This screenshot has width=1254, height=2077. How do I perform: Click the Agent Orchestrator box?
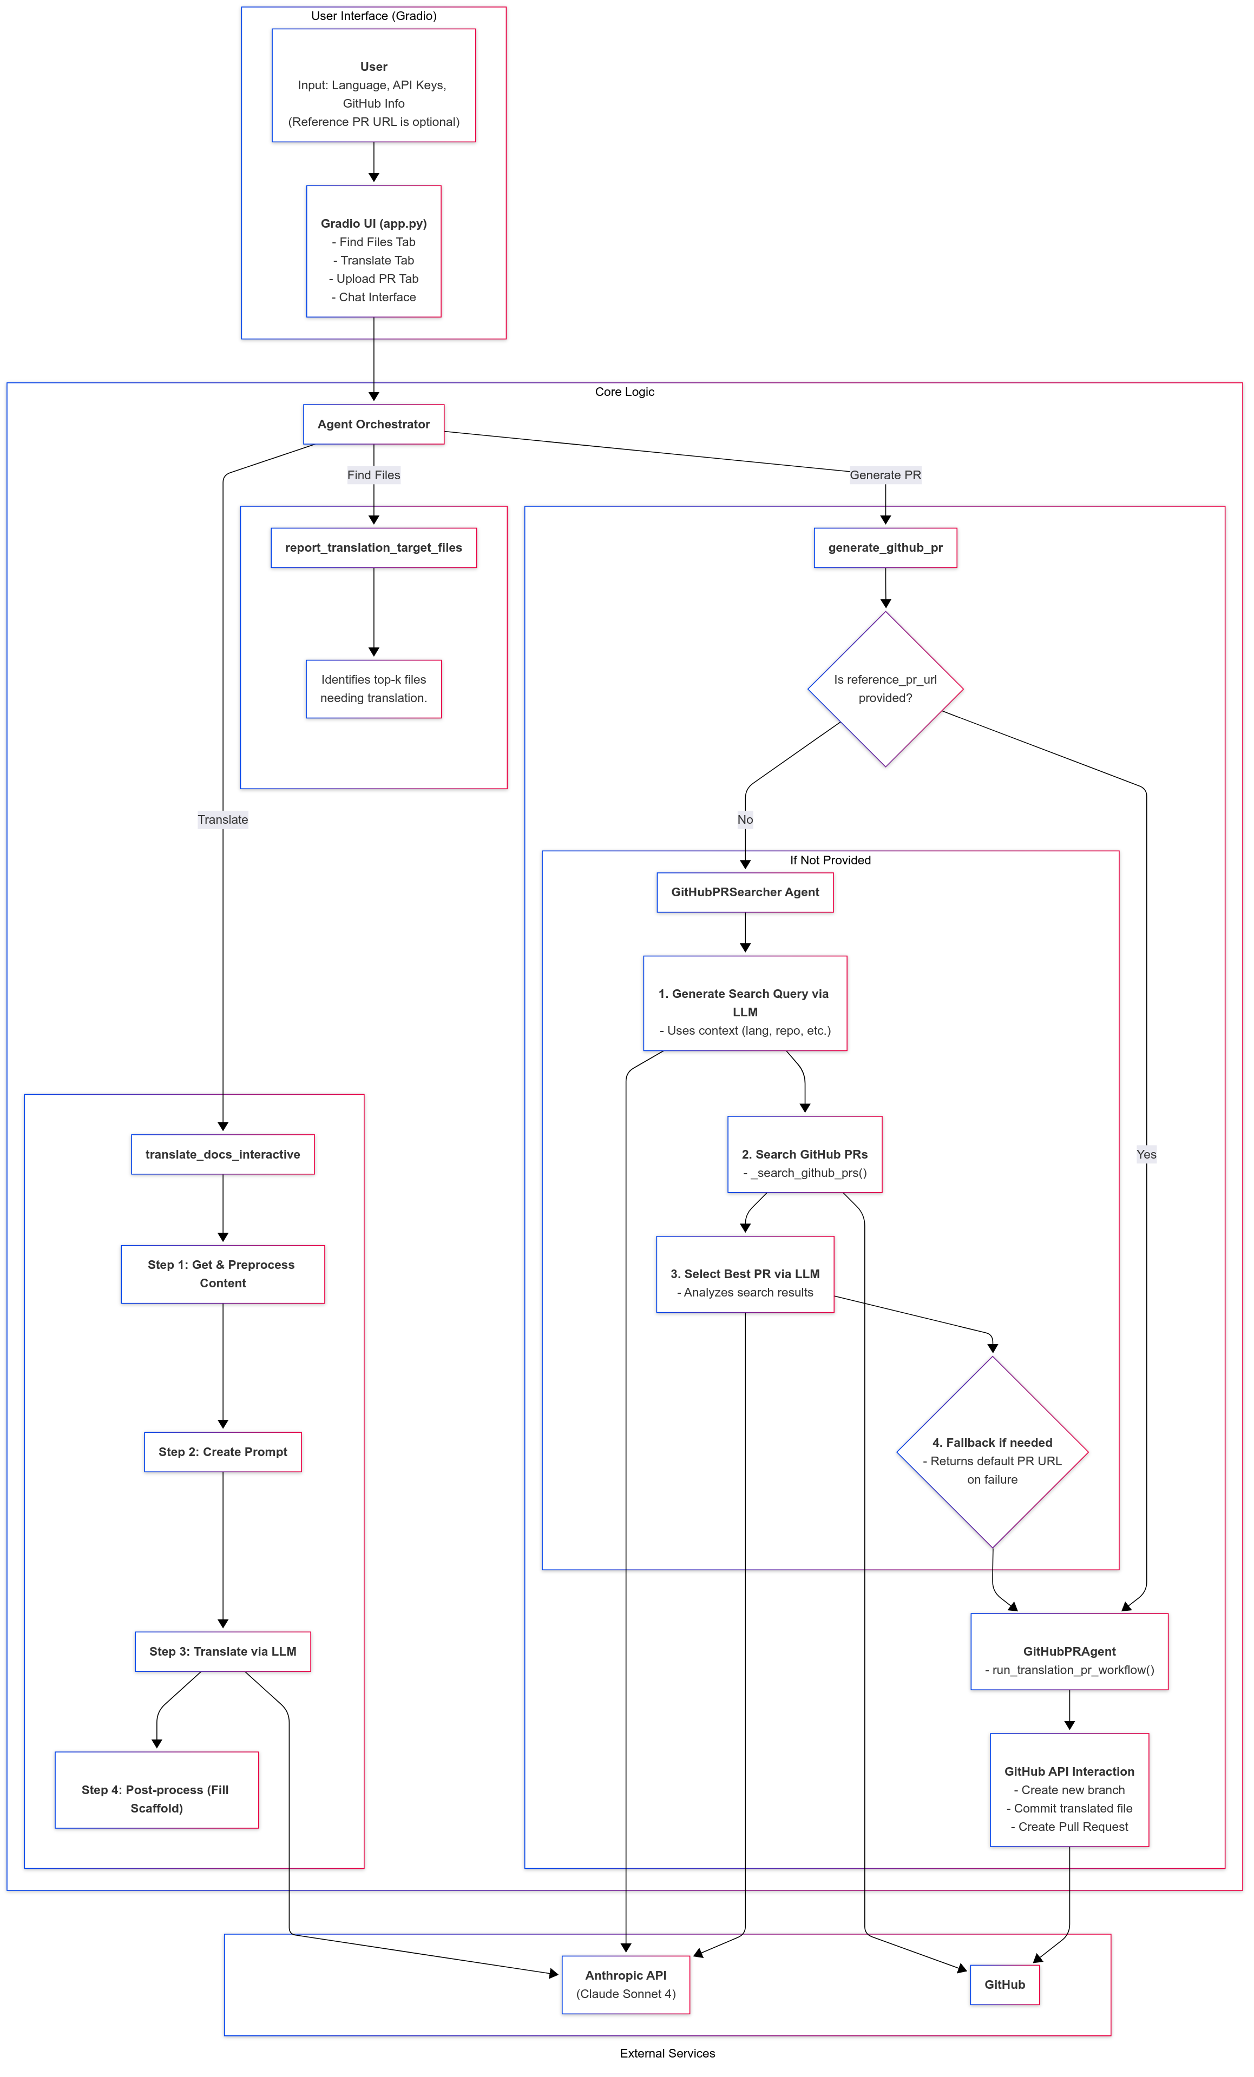click(373, 424)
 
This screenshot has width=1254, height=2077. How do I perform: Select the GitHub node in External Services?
click(1004, 1985)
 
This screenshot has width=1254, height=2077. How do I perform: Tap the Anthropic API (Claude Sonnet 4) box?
click(626, 1985)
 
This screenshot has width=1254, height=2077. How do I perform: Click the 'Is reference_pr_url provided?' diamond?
click(885, 689)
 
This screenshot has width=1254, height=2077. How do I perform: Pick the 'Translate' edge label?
click(222, 819)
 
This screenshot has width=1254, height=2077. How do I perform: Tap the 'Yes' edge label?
click(1146, 1154)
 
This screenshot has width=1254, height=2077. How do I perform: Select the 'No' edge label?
click(745, 819)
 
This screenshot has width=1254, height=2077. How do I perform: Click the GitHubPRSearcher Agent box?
click(745, 892)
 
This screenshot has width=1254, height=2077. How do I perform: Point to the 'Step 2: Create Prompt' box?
click(222, 1452)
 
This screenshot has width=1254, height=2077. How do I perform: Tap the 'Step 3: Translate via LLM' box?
click(222, 1651)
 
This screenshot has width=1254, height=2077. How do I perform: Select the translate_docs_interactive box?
click(222, 1154)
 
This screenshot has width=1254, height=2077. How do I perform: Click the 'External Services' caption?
click(667, 2053)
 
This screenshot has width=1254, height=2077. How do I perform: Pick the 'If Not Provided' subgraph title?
click(830, 860)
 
